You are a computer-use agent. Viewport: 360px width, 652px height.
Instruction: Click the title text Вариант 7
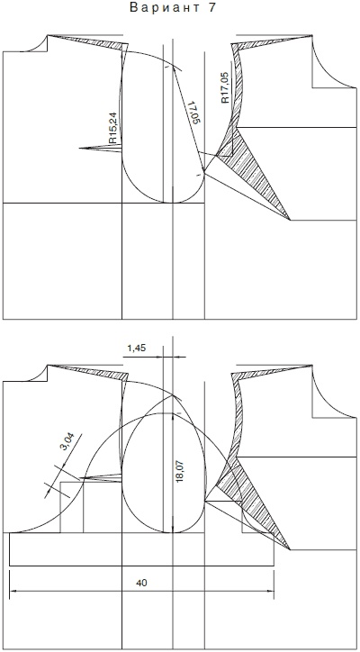(174, 8)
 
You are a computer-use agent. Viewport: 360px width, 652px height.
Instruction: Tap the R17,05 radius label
(224, 87)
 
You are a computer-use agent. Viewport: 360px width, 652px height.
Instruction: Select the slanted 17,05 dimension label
(193, 112)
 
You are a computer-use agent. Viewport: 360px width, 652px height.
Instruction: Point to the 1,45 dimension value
(136, 348)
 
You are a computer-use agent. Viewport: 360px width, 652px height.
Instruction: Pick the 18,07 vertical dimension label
(181, 471)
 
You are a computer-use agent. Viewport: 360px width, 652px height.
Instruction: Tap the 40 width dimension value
(141, 583)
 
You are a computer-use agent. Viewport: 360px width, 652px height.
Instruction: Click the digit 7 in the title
(212, 8)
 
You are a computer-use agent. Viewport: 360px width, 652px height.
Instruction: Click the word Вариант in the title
(161, 8)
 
